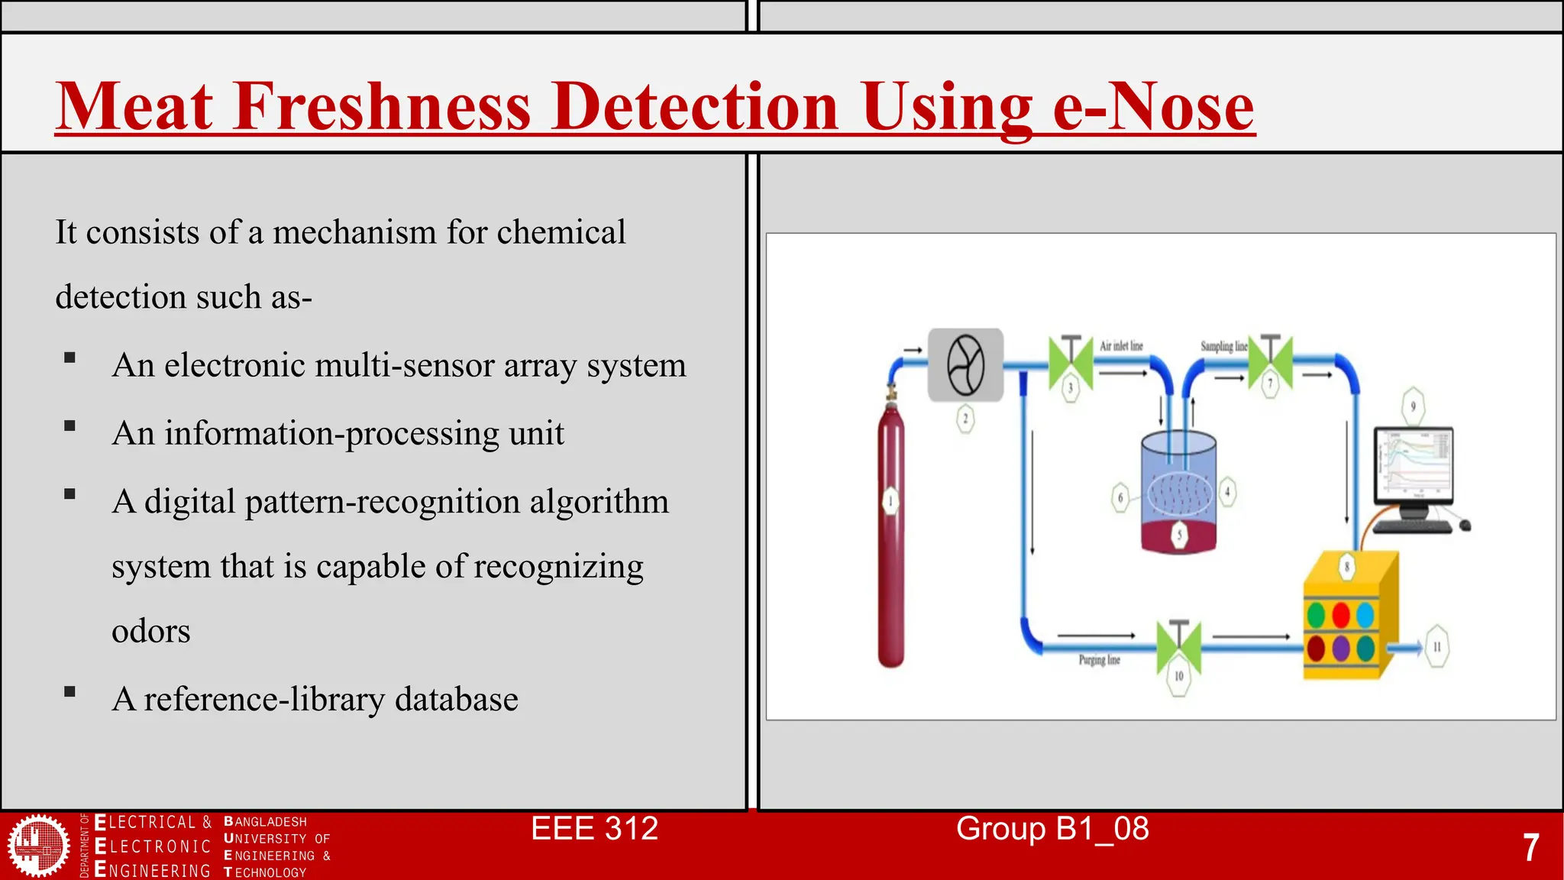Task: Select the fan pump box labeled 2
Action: pyautogui.click(x=965, y=365)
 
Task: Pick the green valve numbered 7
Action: pyautogui.click(x=1271, y=361)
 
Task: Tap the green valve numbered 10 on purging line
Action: pyautogui.click(x=1178, y=646)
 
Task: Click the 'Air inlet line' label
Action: pyautogui.click(x=1121, y=346)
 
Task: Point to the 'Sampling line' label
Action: pyautogui.click(x=1223, y=346)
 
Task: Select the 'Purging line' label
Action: pyautogui.click(x=1099, y=660)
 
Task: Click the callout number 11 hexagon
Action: pyautogui.click(x=1436, y=647)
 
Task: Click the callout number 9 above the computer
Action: pyautogui.click(x=1413, y=406)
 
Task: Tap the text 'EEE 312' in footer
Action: pyautogui.click(x=594, y=829)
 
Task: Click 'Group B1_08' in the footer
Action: pyautogui.click(x=1052, y=829)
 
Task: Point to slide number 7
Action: pyautogui.click(x=1530, y=848)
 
